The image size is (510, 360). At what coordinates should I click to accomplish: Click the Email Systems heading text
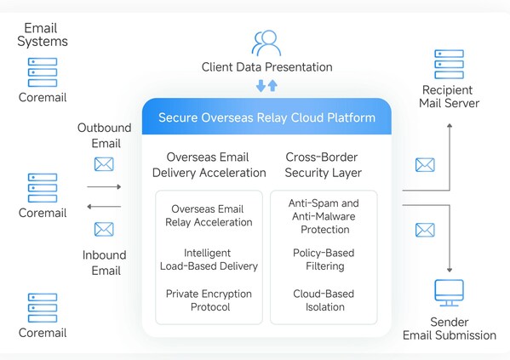coord(42,34)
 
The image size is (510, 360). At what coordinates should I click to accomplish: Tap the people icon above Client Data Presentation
coord(266,43)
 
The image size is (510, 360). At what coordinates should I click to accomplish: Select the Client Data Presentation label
coord(266,66)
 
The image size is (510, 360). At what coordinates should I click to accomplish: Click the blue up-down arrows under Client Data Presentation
coord(266,86)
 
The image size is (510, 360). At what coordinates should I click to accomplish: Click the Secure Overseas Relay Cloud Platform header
coord(266,117)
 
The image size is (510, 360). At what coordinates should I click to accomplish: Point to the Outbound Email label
coord(104,135)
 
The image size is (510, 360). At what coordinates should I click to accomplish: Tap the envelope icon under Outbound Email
coord(104,163)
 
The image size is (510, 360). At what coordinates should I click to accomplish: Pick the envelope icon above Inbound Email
coord(104,228)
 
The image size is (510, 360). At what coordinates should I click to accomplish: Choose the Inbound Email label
coord(104,262)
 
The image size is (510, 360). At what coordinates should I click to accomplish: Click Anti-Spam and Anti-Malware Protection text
coord(324,215)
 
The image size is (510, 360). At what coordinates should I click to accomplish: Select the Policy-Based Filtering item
coord(324,260)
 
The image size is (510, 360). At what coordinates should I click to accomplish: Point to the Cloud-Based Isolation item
coord(324,300)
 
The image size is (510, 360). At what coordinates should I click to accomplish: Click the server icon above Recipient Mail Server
coord(449,64)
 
